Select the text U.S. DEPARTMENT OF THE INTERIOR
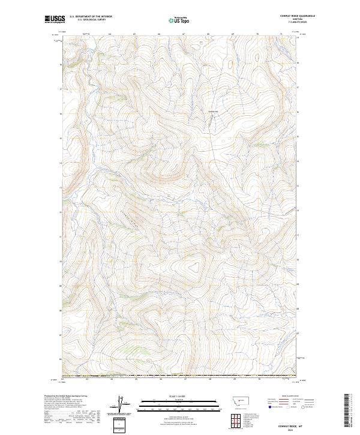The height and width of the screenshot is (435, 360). click(x=91, y=17)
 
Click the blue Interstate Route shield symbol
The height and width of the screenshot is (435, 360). click(x=269, y=407)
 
